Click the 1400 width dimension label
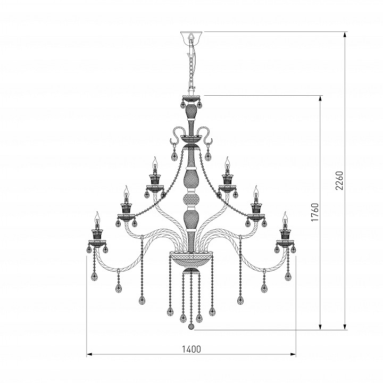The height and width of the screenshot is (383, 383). click(x=191, y=349)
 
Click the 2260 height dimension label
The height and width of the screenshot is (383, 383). click(x=339, y=180)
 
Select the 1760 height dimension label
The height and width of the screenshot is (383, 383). click(x=315, y=212)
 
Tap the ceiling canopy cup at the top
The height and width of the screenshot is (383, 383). click(x=191, y=36)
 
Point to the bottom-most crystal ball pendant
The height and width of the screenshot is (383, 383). click(x=191, y=327)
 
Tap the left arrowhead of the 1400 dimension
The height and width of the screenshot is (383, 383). click(x=89, y=354)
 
